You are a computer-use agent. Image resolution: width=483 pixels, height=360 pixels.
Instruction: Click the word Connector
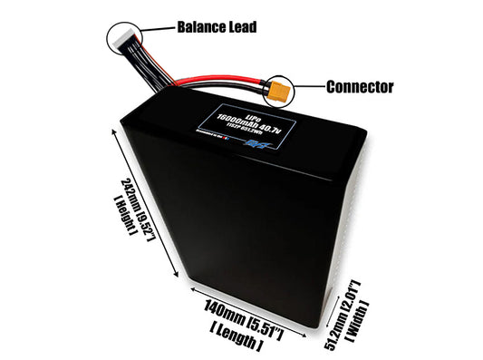pos(359,87)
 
